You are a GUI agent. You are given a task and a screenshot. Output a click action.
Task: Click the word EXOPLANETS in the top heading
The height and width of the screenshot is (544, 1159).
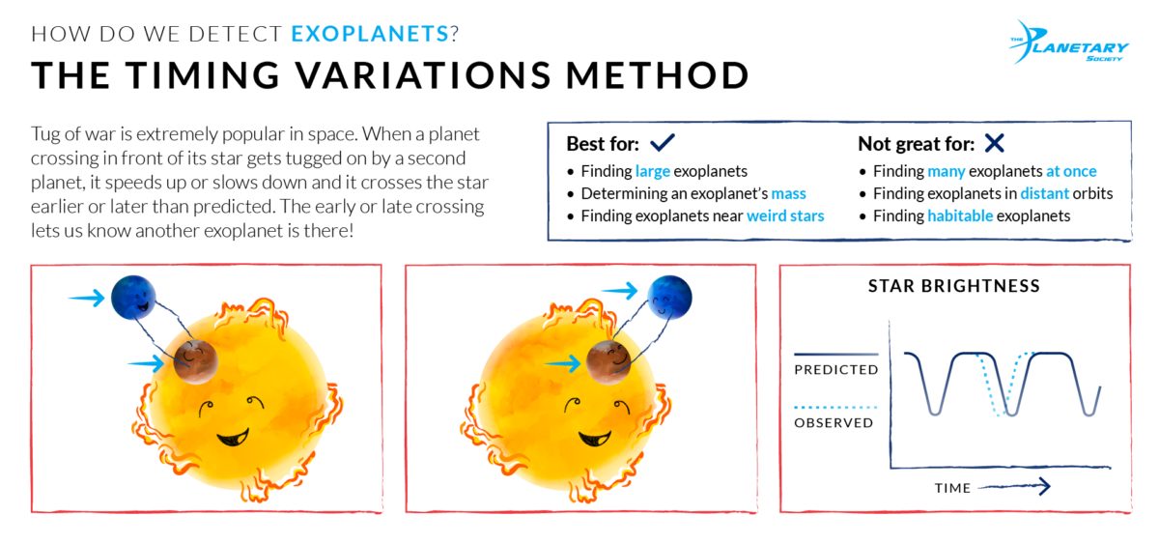point(370,34)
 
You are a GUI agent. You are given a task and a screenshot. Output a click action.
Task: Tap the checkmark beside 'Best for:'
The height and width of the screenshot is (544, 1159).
point(662,144)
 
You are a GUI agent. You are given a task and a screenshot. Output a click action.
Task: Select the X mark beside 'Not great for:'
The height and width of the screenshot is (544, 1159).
point(994,144)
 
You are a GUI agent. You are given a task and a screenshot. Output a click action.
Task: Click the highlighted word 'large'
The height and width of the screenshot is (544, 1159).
point(653,171)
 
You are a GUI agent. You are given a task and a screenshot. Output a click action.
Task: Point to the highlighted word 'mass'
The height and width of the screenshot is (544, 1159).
point(788,193)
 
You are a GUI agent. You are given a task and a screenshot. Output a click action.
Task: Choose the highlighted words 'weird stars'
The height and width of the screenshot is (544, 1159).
point(785,215)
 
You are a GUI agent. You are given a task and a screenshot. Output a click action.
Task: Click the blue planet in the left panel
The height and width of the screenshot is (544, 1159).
point(132,297)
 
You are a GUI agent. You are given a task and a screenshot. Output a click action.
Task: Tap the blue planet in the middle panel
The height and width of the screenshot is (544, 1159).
point(669,296)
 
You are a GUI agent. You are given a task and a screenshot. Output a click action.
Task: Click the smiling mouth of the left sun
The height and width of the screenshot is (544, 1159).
point(232,441)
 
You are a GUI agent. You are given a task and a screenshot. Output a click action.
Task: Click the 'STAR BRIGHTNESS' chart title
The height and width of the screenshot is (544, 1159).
point(954,286)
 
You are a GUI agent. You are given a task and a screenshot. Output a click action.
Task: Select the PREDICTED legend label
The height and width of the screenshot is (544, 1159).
point(835,369)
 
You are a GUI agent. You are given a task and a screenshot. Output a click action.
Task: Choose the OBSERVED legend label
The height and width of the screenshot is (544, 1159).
point(834,422)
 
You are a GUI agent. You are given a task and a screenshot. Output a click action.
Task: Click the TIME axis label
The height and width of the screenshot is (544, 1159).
point(951,488)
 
